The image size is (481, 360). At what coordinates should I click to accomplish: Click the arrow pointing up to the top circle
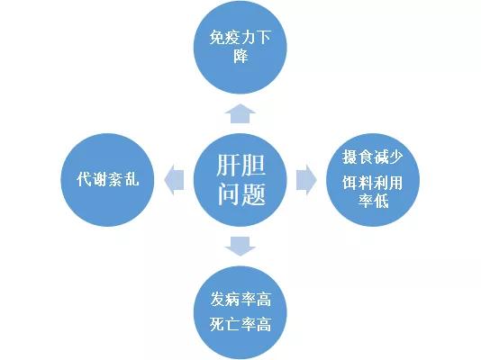coord(240,113)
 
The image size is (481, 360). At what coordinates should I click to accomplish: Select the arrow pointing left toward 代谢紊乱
coord(174,180)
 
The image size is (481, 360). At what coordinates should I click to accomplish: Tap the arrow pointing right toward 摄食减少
coord(306,180)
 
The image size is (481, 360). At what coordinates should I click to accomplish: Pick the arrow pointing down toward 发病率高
coord(240,247)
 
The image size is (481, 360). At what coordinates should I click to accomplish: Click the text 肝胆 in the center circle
coord(240,165)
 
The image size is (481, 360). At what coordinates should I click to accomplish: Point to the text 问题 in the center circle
coord(241,194)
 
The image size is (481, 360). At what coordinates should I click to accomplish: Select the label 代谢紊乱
coord(108,179)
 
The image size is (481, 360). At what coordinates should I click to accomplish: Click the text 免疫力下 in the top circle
coord(240,38)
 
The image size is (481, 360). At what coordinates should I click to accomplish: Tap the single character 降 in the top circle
coord(240,56)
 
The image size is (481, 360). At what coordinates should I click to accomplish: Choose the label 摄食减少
coord(372,157)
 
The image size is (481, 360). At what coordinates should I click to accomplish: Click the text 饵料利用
coord(372,183)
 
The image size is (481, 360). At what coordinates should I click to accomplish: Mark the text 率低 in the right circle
coord(373,201)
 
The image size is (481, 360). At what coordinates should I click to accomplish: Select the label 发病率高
coord(240,299)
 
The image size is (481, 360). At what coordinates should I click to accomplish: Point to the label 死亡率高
coord(240,324)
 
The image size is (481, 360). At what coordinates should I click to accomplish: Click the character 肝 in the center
coord(228,165)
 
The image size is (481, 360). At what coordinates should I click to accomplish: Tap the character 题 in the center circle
coord(253,194)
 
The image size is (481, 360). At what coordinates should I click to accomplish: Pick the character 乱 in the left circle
coord(132,179)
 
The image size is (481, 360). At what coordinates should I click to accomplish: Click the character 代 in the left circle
coord(84,179)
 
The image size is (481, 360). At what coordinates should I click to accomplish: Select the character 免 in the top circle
coord(217,38)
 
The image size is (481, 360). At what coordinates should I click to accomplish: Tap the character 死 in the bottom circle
coord(217,324)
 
